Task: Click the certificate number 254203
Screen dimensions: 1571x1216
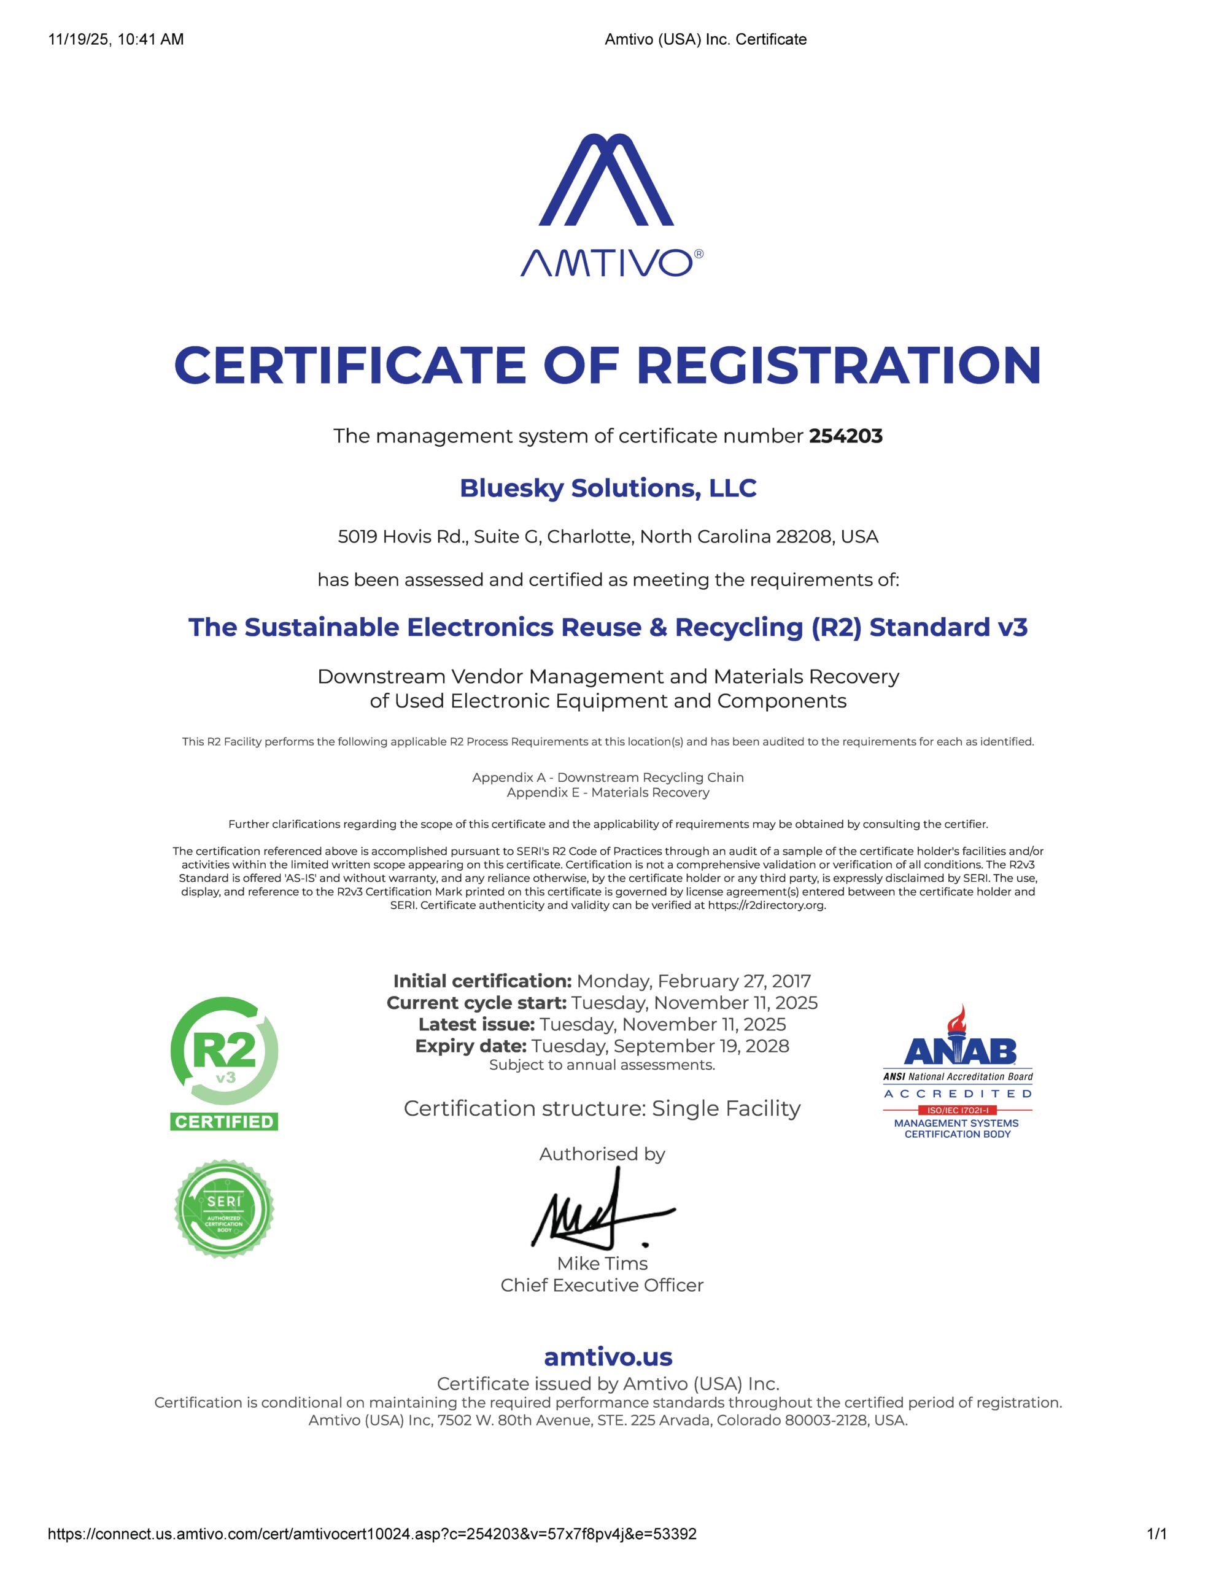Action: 845,436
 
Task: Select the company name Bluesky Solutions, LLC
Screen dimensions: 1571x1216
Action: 608,488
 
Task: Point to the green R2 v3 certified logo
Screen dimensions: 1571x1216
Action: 224,1062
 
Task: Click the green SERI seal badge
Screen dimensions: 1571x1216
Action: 224,1208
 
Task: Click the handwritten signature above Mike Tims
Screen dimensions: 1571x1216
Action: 601,1215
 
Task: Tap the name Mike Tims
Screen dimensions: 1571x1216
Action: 602,1263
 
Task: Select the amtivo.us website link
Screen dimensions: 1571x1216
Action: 608,1357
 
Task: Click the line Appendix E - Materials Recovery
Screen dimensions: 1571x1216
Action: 608,792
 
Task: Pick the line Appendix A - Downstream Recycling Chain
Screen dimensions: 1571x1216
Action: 608,777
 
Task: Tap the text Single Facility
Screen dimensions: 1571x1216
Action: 726,1108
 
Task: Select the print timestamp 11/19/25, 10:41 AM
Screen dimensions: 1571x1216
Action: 116,39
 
